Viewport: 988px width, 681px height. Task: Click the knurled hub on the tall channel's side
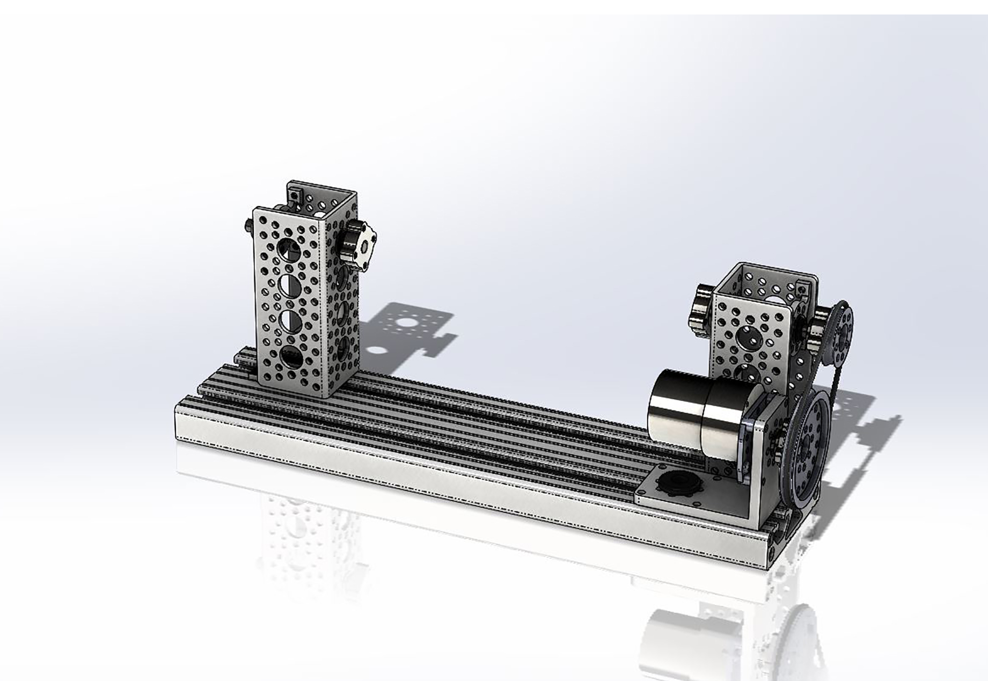pos(357,244)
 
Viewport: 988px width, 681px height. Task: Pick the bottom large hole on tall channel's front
pos(290,357)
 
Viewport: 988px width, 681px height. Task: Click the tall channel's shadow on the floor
pos(408,333)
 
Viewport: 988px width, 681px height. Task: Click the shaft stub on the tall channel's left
pos(249,225)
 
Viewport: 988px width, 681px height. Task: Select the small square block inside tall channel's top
pos(294,194)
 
